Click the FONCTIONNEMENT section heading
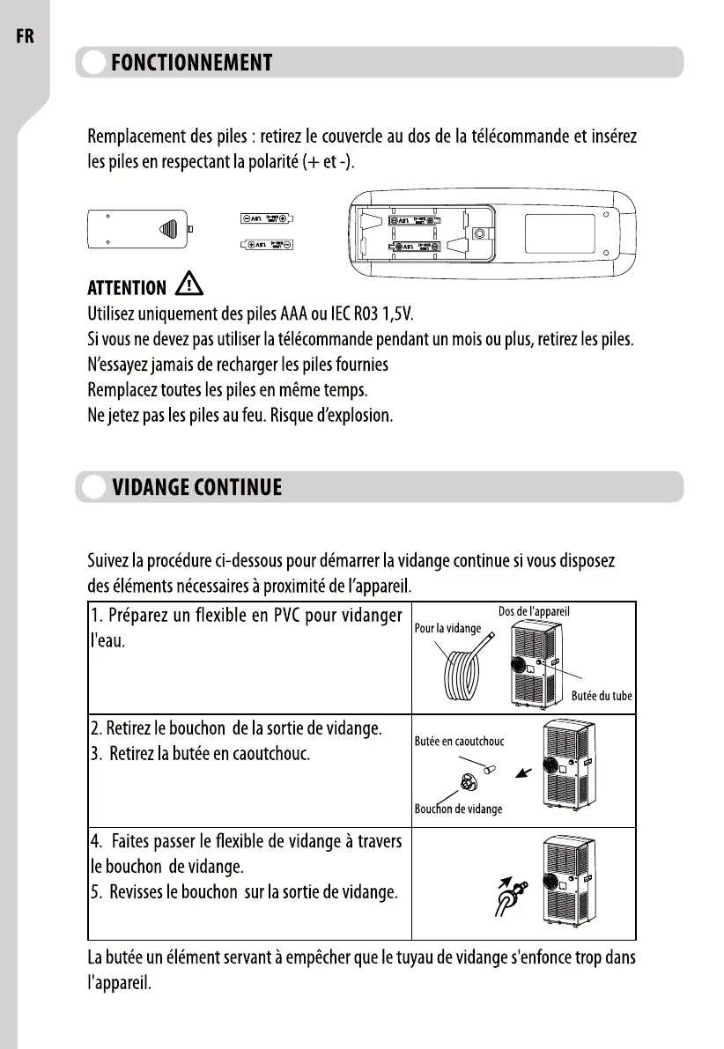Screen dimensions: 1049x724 click(191, 63)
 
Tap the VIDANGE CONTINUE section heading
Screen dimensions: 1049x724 click(196, 487)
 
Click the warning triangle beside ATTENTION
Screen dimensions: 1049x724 click(189, 284)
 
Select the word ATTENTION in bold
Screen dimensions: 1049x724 click(126, 288)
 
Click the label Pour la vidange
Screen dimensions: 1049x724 click(447, 629)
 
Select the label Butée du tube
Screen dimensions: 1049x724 click(602, 696)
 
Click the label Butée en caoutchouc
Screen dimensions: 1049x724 click(459, 742)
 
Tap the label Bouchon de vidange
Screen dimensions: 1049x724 click(458, 809)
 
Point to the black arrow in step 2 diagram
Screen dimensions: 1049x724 click(525, 772)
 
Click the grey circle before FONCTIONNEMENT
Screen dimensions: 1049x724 click(92, 63)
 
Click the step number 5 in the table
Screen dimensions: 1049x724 click(95, 893)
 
